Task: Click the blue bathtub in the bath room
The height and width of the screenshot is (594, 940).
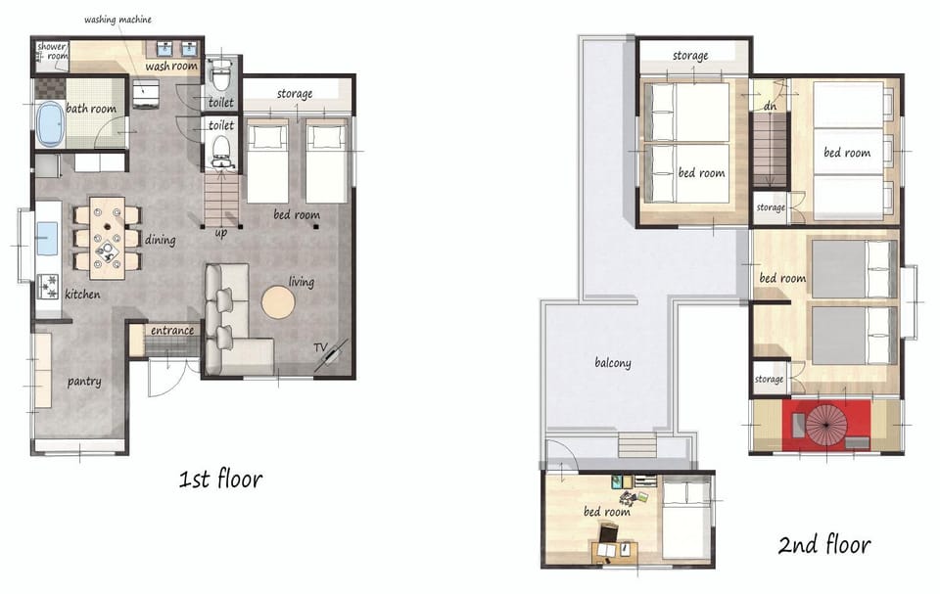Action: (x=50, y=123)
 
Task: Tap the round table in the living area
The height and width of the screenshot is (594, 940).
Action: (x=278, y=302)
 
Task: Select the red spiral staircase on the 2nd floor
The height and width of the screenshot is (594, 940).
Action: (x=826, y=424)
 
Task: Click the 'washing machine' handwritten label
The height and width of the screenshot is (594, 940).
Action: (x=117, y=20)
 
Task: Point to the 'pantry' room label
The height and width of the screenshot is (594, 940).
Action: (x=84, y=382)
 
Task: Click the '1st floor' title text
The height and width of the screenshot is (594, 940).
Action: (x=220, y=479)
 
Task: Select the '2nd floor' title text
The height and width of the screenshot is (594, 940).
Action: (x=824, y=544)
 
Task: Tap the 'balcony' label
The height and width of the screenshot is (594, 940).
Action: (x=613, y=363)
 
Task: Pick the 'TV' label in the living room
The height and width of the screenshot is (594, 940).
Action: (x=321, y=347)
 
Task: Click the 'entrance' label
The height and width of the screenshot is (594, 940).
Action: (x=172, y=330)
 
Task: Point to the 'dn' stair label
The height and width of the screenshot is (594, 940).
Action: (x=771, y=106)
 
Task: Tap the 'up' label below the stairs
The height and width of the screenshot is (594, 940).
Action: (x=220, y=233)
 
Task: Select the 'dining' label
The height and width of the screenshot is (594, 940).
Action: (x=160, y=240)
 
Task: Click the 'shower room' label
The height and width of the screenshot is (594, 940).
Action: (x=52, y=51)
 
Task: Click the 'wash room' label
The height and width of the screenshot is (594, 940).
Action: (x=171, y=66)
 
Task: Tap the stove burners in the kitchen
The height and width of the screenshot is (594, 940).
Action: (x=48, y=287)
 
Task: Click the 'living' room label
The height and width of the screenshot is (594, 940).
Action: (x=301, y=282)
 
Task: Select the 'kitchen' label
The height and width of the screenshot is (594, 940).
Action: (x=82, y=295)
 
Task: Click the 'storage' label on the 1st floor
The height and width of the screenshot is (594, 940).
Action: (x=295, y=94)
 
